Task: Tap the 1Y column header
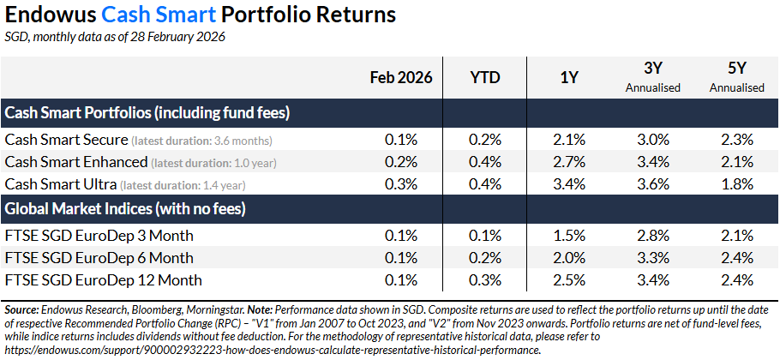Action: click(568, 77)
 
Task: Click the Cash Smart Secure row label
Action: click(67, 139)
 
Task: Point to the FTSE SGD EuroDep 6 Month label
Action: click(99, 257)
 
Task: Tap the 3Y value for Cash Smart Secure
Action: click(656, 139)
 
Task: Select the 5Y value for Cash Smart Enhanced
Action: click(737, 161)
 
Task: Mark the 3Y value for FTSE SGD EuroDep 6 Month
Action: click(656, 257)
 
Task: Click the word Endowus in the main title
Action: click(48, 15)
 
